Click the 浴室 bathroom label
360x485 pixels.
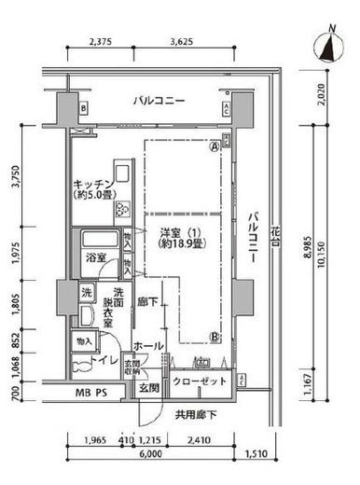[97, 256]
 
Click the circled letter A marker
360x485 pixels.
[214, 146]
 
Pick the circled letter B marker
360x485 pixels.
[214, 337]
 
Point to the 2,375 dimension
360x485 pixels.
[100, 42]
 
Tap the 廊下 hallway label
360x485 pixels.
[145, 301]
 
